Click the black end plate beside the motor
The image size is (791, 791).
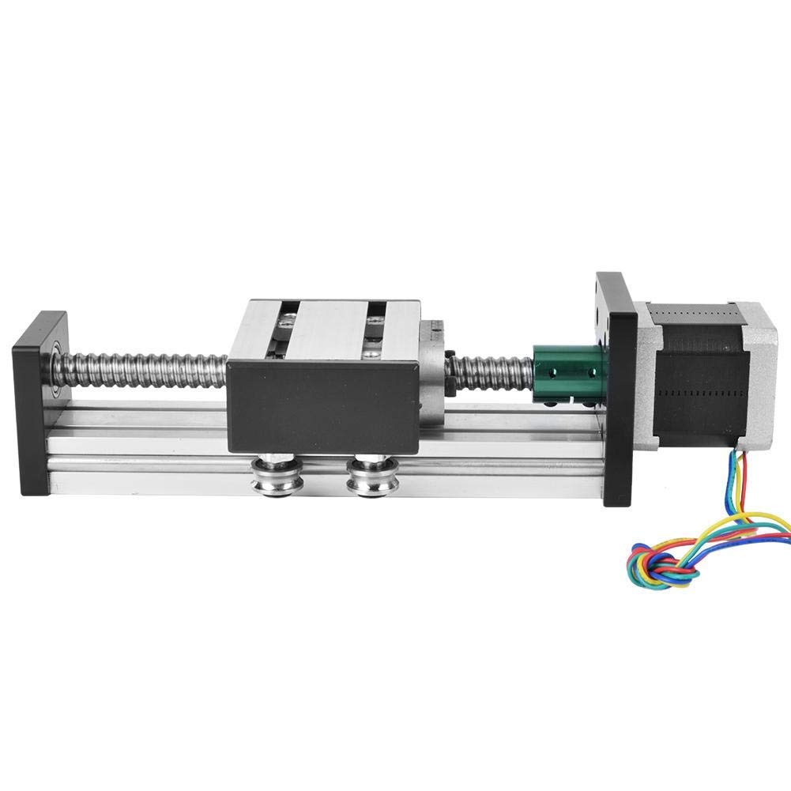(616, 387)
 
